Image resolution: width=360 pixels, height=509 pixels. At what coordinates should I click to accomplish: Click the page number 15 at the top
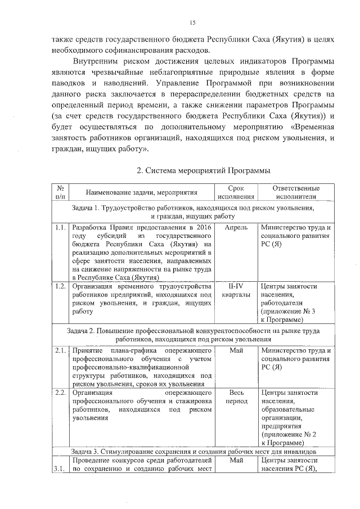pyautogui.click(x=192, y=22)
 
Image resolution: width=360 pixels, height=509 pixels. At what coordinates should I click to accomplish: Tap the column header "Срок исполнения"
pyautogui.click(x=236, y=192)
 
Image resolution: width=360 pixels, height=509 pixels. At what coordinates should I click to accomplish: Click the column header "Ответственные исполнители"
pyautogui.click(x=296, y=192)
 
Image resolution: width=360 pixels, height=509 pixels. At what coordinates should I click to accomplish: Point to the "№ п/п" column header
pyautogui.click(x=60, y=192)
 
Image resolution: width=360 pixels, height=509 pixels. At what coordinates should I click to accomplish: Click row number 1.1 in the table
pyautogui.click(x=60, y=228)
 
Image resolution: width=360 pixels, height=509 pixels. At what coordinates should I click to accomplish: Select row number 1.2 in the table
pyautogui.click(x=60, y=286)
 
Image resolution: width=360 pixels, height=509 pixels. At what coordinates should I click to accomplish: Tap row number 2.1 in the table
pyautogui.click(x=60, y=352)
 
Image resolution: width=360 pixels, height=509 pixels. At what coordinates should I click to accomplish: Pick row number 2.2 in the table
pyautogui.click(x=60, y=393)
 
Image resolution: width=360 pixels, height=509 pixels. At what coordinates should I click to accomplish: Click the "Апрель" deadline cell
pyautogui.click(x=236, y=228)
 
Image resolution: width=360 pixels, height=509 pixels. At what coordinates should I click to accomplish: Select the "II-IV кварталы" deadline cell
pyautogui.click(x=236, y=291)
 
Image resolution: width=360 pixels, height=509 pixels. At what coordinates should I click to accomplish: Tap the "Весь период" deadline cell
pyautogui.click(x=236, y=397)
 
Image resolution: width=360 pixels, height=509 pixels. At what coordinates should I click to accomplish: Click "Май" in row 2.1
pyautogui.click(x=236, y=352)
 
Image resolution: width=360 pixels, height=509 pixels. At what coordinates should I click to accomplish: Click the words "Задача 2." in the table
pyautogui.click(x=82, y=331)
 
